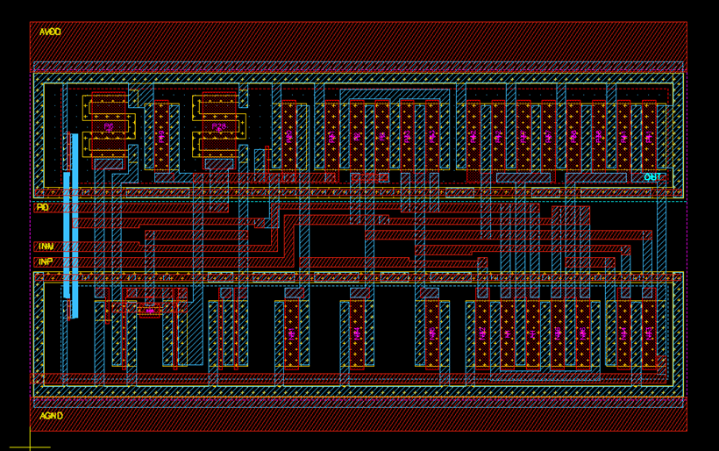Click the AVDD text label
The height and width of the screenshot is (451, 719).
click(50, 32)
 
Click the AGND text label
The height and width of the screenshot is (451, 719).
click(51, 416)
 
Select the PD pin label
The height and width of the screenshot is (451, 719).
click(42, 208)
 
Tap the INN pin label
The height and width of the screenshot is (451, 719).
click(45, 247)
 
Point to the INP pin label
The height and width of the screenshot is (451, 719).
click(45, 261)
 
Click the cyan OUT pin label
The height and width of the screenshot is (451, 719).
click(652, 178)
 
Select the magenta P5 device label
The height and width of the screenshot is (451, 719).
click(109, 127)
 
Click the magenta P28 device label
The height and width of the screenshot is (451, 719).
click(218, 127)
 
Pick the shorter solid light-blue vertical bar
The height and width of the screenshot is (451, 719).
click(66, 234)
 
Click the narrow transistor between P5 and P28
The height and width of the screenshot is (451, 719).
click(161, 136)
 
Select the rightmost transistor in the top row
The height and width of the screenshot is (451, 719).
click(649, 136)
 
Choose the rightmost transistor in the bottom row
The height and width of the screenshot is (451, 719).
click(649, 333)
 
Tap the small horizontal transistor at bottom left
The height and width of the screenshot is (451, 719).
click(149, 310)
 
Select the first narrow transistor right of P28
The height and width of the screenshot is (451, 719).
click(288, 136)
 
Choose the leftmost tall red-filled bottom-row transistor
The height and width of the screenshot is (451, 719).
click(291, 333)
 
